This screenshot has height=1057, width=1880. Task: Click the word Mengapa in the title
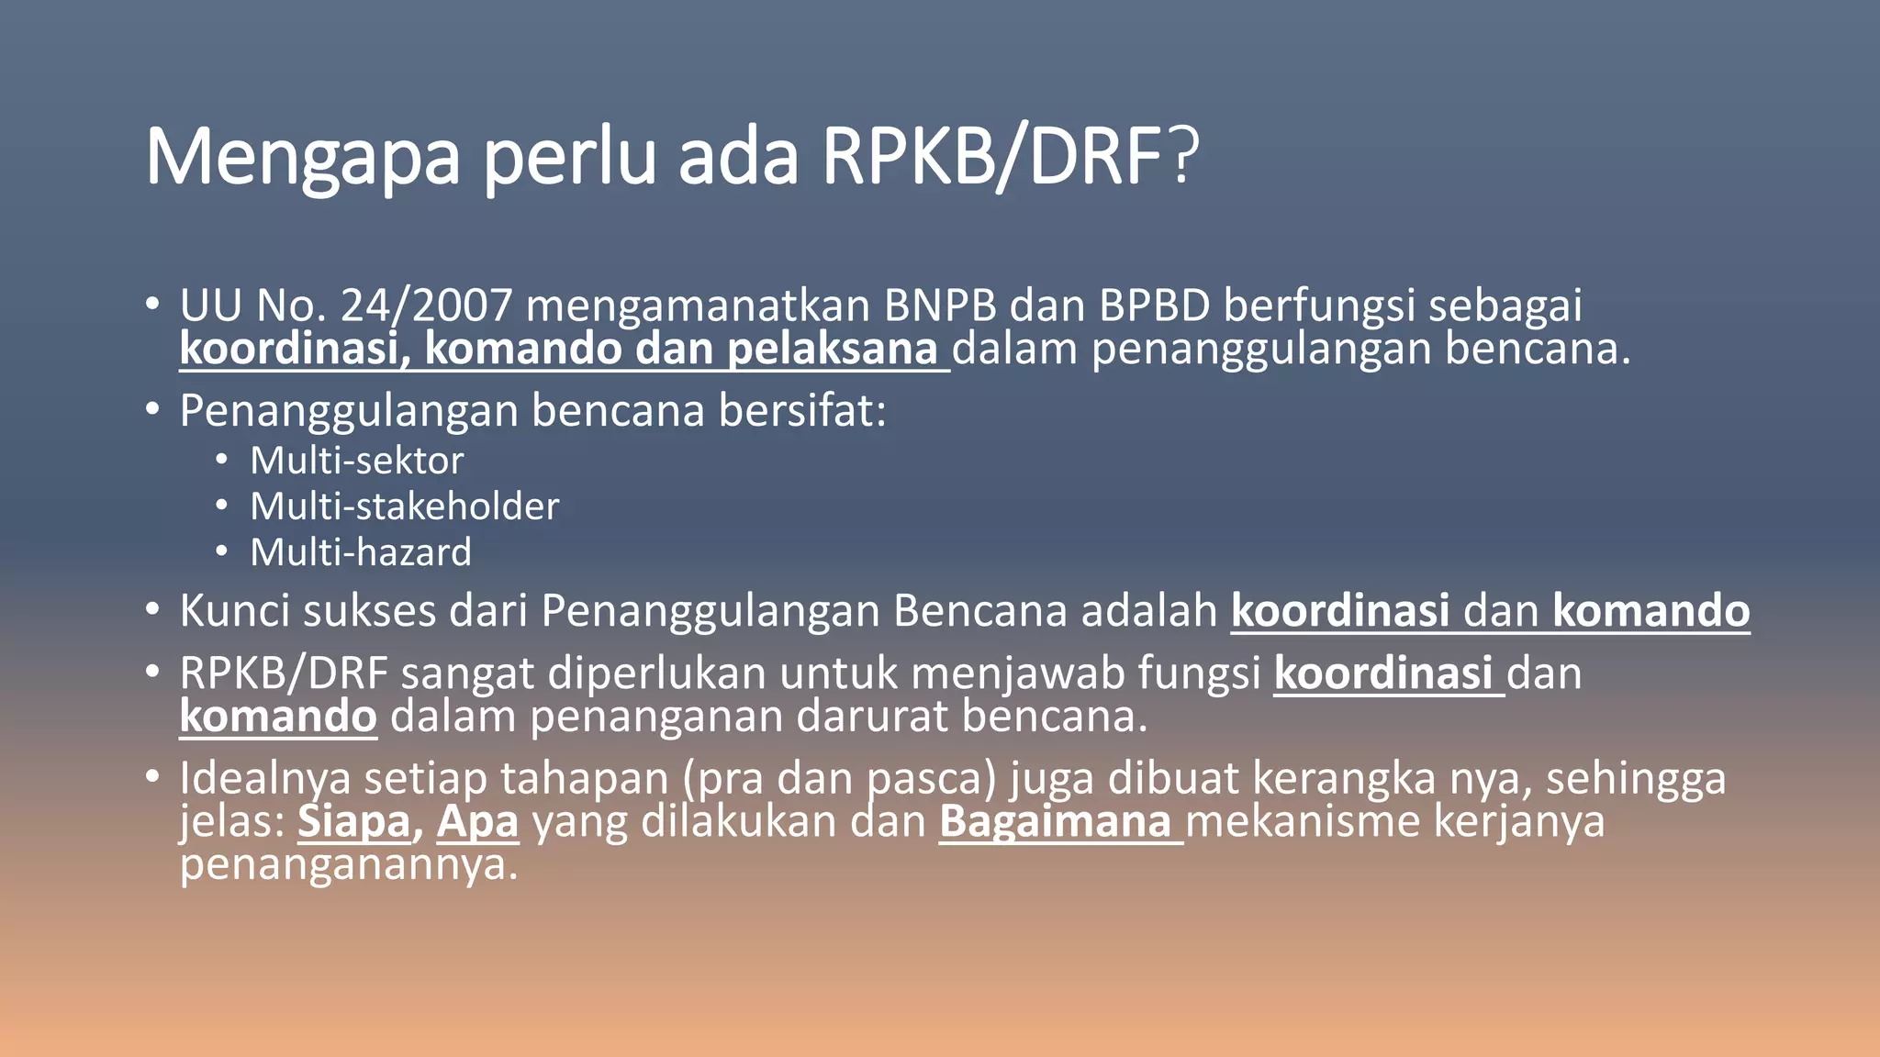[x=302, y=158]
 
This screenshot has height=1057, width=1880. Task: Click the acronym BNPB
[x=940, y=306]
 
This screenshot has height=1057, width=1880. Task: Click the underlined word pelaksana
[x=833, y=349]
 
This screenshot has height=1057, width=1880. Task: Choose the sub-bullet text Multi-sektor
[x=357, y=461]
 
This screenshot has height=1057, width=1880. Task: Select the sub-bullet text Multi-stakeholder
[x=405, y=506]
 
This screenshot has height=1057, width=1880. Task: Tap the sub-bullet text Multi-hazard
[x=361, y=552]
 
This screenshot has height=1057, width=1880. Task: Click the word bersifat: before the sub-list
[x=802, y=410]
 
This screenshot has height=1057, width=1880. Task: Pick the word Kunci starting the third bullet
[x=234, y=611]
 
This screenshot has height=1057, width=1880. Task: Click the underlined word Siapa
[x=353, y=821]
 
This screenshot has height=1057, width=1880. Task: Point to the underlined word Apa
[x=477, y=821]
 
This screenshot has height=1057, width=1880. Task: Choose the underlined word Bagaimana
[x=1055, y=821]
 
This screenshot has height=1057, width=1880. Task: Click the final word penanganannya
[x=349, y=864]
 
